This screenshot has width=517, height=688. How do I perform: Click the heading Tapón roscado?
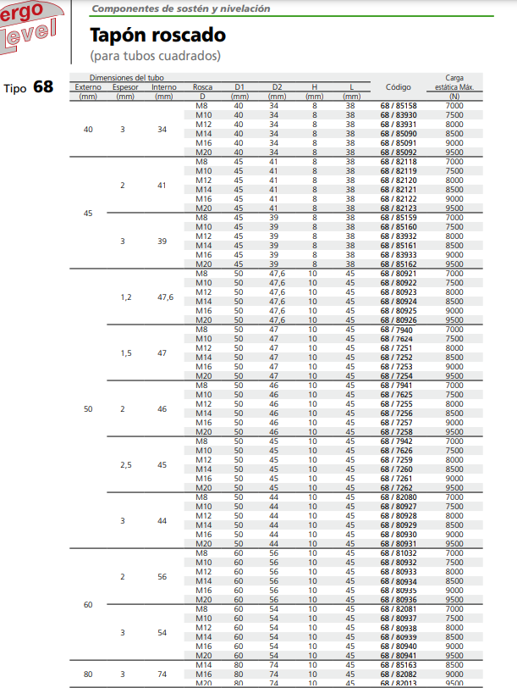(157, 36)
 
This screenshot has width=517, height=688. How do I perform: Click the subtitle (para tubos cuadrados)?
(155, 56)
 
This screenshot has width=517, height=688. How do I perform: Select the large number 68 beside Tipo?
(43, 86)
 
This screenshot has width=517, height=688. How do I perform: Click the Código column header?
(398, 87)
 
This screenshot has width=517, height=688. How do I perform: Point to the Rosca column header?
(203, 87)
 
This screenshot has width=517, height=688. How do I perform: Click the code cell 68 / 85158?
(398, 105)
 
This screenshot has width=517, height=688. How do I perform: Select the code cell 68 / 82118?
(398, 161)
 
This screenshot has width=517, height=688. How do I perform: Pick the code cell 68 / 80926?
(398, 320)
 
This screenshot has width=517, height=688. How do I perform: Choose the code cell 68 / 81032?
(398, 553)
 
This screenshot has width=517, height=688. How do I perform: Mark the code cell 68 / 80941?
(398, 655)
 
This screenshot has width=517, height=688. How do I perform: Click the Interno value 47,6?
(165, 297)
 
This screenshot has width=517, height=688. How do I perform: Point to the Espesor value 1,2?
(125, 297)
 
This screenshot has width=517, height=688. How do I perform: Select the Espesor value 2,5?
(125, 465)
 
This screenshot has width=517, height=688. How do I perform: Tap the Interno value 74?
(163, 674)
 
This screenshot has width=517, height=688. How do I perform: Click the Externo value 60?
(88, 605)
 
